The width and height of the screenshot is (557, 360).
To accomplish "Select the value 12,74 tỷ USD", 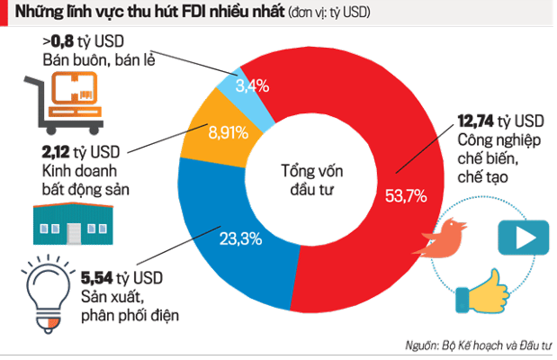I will point(499,121).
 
